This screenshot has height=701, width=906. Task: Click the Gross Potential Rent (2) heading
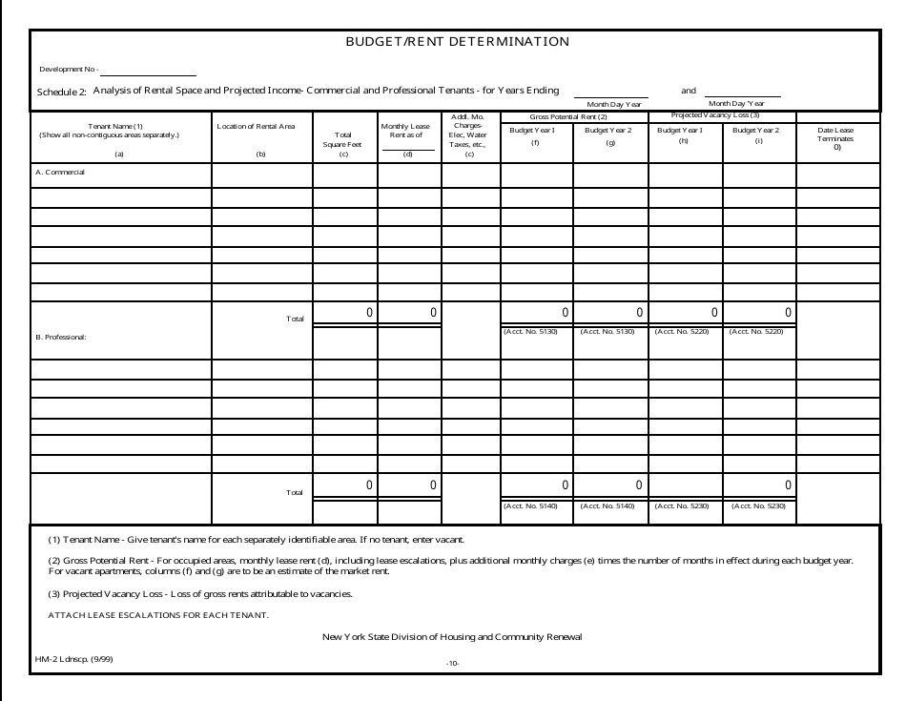pyautogui.click(x=574, y=116)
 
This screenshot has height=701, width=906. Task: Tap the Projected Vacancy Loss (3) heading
pyautogui.click(x=722, y=115)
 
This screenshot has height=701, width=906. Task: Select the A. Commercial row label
pyautogui.click(x=60, y=173)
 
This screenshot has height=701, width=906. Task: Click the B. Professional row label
pyautogui.click(x=61, y=337)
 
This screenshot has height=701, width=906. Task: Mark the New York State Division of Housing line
pyautogui.click(x=452, y=636)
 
